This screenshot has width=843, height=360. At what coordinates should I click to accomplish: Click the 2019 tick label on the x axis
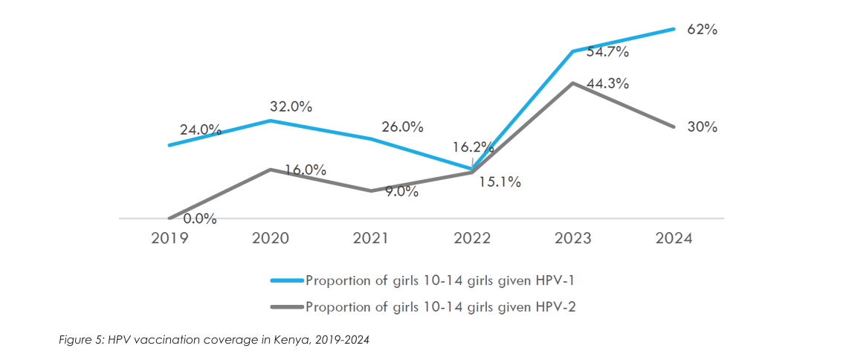[x=169, y=239]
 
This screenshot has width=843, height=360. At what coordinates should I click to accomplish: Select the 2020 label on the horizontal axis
[x=270, y=239]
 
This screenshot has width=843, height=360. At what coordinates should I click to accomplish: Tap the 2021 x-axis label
[x=371, y=239]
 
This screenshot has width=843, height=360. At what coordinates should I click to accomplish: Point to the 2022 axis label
[x=472, y=239]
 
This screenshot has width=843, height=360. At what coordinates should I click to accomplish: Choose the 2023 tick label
[x=573, y=239]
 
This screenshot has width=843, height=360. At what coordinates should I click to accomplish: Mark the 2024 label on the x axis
[x=674, y=239]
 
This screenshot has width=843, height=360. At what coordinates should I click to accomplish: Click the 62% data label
[x=702, y=30]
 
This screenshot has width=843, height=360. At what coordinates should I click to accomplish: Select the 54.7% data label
[x=607, y=52]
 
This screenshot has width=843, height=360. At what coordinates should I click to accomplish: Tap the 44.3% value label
[x=607, y=83]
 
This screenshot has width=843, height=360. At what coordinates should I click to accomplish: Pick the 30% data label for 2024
[x=702, y=127]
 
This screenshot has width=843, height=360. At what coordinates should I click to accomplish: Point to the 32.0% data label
[x=291, y=106]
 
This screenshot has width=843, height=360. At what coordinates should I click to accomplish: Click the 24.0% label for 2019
[x=200, y=129]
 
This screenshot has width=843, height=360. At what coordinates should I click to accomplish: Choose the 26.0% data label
[x=402, y=127]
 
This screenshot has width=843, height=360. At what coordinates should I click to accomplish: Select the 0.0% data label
[x=199, y=219]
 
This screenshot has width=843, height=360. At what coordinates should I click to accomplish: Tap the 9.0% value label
[x=402, y=192]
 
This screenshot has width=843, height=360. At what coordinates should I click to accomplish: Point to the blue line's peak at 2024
[x=674, y=29]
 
